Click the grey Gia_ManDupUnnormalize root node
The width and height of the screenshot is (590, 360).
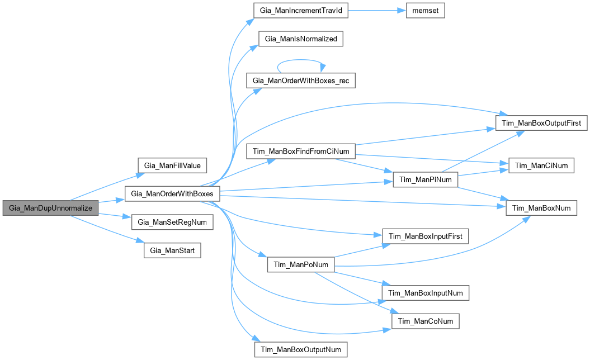(x=50, y=208)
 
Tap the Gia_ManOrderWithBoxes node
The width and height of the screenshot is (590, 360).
(x=172, y=194)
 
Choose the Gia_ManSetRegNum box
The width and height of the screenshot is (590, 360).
(x=172, y=222)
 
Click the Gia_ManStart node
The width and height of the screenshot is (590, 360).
(x=172, y=250)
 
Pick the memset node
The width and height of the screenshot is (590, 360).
(x=424, y=11)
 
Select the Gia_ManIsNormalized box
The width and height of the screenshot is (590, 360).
(x=300, y=39)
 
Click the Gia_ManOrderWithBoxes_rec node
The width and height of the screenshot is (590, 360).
(x=301, y=81)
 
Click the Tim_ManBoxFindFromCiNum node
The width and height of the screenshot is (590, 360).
(x=301, y=151)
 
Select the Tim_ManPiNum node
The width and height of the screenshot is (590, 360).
(x=426, y=179)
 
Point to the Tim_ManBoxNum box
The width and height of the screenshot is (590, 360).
(x=541, y=208)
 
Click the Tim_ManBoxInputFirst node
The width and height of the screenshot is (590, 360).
(x=425, y=236)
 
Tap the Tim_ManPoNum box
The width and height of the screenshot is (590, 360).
(x=301, y=264)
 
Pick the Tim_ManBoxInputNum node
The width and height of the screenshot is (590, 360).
(x=425, y=292)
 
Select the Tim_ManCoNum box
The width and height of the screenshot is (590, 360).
(x=426, y=321)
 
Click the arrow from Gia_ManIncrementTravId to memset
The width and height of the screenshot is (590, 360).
(x=375, y=11)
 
